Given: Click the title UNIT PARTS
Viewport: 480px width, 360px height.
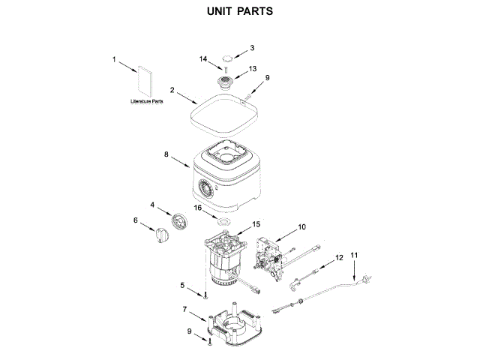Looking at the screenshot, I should (240, 12).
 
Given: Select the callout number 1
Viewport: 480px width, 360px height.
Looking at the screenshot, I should (114, 59).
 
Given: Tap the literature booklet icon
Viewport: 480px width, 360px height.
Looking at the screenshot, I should (145, 81).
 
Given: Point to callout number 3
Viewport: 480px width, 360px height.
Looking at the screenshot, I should (252, 48).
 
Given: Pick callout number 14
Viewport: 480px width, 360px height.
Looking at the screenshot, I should (202, 59).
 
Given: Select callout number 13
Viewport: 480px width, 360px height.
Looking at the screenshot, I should (252, 68).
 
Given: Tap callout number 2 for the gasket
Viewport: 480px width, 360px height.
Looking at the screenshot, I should (172, 90).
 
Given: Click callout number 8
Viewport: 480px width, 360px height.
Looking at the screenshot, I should (166, 154).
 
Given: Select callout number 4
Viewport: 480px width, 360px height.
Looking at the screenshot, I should (152, 204).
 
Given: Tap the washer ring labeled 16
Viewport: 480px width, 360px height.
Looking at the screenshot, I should (222, 222).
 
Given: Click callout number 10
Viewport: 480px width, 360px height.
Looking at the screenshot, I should (301, 226).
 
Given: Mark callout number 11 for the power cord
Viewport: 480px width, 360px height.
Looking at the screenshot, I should (355, 256).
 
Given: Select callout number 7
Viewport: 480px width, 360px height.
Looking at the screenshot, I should (184, 308).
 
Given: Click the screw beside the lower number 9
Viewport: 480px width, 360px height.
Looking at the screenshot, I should (211, 342).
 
